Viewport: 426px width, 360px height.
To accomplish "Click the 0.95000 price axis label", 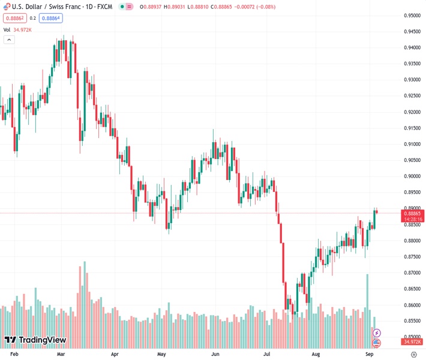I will click(x=412, y=16).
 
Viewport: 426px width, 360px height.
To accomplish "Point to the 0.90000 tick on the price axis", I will click(x=412, y=176).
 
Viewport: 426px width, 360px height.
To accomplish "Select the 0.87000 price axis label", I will click(x=412, y=273).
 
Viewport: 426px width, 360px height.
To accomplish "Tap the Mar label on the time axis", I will click(x=61, y=355).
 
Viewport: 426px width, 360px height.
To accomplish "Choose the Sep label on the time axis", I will click(x=370, y=355).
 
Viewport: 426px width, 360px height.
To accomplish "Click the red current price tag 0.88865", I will click(x=413, y=213).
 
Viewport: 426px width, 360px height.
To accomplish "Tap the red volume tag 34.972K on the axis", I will click(x=412, y=341).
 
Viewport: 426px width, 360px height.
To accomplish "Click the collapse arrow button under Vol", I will click(x=9, y=40).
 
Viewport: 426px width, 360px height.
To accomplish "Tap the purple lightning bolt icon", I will click(x=377, y=332).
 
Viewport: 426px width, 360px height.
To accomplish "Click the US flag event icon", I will click(x=377, y=343).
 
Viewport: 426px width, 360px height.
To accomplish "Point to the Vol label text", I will click(x=7, y=29).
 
